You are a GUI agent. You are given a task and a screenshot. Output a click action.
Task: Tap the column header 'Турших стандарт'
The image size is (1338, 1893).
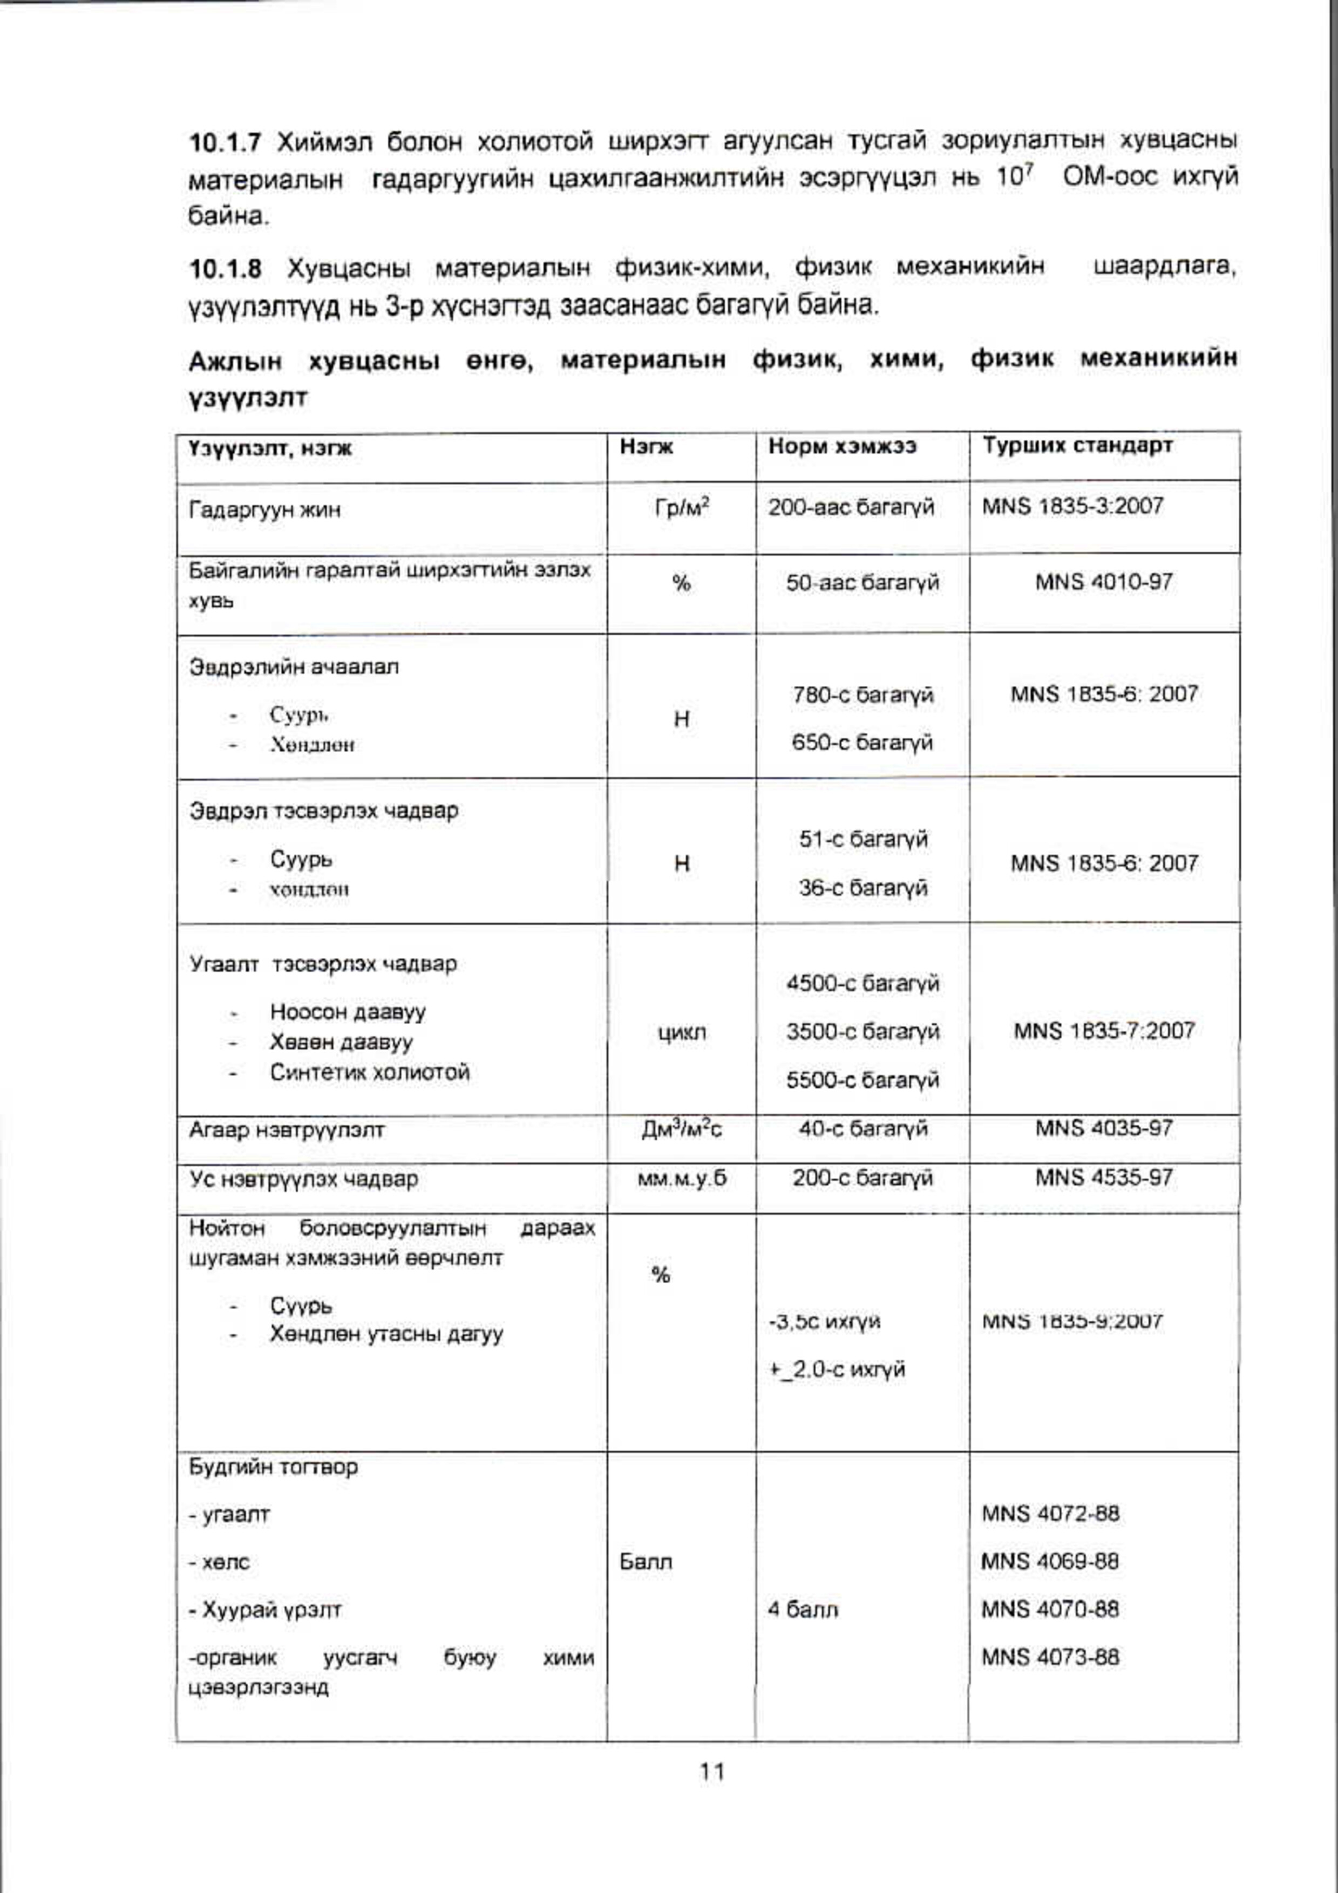tap(1077, 446)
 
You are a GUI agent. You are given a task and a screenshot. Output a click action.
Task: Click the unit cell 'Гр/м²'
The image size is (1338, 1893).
tap(682, 507)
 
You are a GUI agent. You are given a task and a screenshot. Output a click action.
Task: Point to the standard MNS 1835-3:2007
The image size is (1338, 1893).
tap(1072, 506)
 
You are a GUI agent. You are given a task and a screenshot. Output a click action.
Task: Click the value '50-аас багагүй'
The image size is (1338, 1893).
tap(861, 583)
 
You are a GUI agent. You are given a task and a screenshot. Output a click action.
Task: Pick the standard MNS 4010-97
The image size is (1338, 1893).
tap(1104, 582)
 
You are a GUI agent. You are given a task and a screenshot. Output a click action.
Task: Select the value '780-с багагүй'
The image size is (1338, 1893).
tap(862, 695)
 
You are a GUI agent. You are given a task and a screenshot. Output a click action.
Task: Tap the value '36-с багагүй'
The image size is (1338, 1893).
tap(862, 888)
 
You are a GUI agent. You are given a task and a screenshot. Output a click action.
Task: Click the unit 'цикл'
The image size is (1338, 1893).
tap(682, 1031)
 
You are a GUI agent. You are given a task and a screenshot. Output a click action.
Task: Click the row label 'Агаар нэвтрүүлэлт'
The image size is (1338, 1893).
tap(287, 1131)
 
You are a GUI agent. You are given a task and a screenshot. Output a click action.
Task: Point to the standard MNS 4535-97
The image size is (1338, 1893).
tap(1104, 1177)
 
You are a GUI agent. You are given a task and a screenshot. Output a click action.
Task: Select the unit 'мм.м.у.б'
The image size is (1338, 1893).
tap(682, 1178)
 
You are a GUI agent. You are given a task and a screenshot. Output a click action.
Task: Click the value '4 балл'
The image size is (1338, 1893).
tap(802, 1609)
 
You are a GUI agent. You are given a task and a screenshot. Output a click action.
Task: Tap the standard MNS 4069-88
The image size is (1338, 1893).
tap(1049, 1561)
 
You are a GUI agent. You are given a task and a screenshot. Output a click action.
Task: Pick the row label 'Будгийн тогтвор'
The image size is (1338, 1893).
tap(274, 1467)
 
